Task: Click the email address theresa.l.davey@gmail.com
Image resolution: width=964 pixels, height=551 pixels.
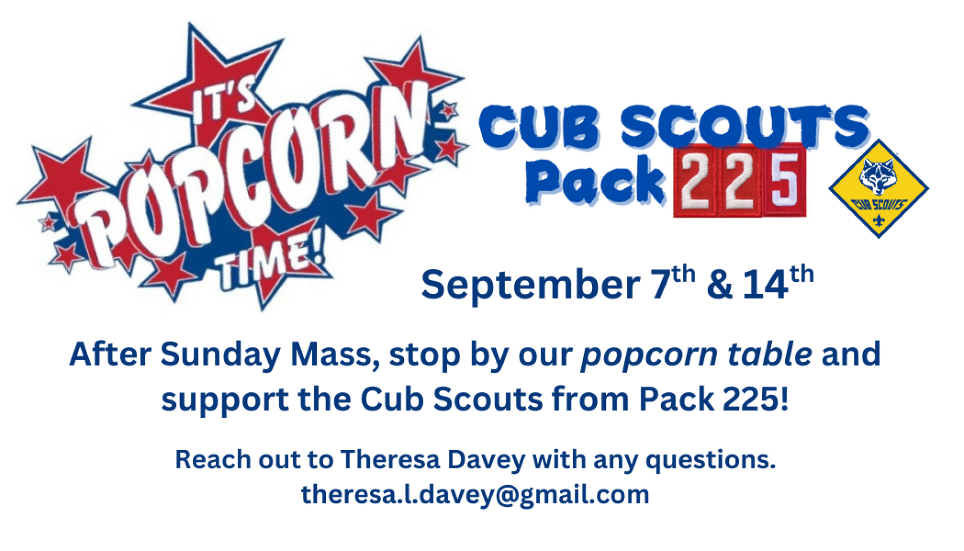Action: [475, 495]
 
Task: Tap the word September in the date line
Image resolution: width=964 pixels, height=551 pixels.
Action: [530, 285]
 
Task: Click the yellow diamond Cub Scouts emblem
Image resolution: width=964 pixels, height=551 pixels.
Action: [878, 188]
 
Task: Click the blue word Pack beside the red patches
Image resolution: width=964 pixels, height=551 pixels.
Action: [595, 181]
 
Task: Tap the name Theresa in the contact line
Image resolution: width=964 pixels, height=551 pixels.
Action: [390, 459]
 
